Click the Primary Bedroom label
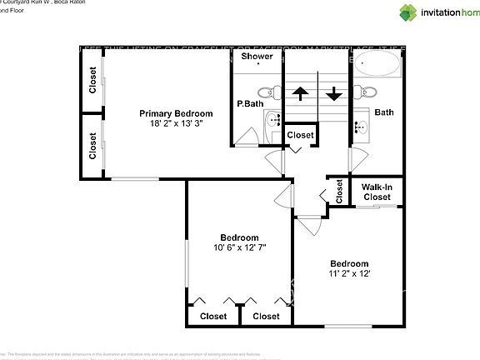click(x=176, y=113)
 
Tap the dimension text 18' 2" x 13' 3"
click(x=176, y=123)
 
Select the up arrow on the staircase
click(x=300, y=93)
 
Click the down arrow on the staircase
click(x=334, y=93)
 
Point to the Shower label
click(x=257, y=57)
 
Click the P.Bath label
click(x=250, y=104)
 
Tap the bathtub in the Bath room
click(x=379, y=67)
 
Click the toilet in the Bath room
click(x=367, y=92)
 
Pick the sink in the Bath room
click(x=362, y=127)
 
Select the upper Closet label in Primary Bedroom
click(x=92, y=81)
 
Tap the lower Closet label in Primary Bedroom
click(x=92, y=145)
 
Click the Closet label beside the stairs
click(x=301, y=135)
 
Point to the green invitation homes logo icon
click(x=409, y=12)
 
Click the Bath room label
click(x=384, y=112)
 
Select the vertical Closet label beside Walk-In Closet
click(x=338, y=191)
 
